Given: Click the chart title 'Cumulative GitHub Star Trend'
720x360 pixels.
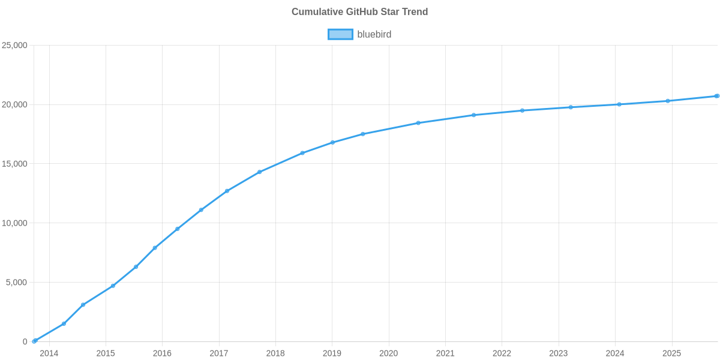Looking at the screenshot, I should coord(359,12).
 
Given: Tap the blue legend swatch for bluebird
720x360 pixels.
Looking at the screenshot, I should coord(340,35).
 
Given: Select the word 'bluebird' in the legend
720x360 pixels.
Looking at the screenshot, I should coord(374,35).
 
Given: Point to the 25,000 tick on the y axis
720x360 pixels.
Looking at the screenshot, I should coord(15,46).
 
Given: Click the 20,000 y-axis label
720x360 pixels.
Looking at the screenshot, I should coord(15,105).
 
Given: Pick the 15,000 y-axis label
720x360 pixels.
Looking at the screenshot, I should coord(15,164).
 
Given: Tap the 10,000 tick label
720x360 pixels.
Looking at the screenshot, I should coord(15,223).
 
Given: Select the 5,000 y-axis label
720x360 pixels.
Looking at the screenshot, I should coord(17,283).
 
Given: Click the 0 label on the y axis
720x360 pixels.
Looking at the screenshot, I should coord(25,342).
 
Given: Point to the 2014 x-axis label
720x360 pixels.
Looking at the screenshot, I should coord(49,353).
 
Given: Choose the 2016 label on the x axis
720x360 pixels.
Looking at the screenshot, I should coord(162,353).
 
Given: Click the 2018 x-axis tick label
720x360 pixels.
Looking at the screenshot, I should coord(275,353).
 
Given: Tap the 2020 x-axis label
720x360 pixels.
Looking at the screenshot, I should coord(388,353).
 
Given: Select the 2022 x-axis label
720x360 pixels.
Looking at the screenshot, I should coord(502,353).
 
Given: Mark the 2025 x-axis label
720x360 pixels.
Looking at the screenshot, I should coord(671,353).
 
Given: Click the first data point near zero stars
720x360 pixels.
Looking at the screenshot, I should coord(35,341).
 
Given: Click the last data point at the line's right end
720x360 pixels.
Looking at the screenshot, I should coord(717,96).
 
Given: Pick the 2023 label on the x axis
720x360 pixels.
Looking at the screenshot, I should coord(558,353).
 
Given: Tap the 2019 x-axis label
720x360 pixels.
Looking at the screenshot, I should coord(332,353).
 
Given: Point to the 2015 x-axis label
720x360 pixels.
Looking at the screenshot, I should coord(106,353).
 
